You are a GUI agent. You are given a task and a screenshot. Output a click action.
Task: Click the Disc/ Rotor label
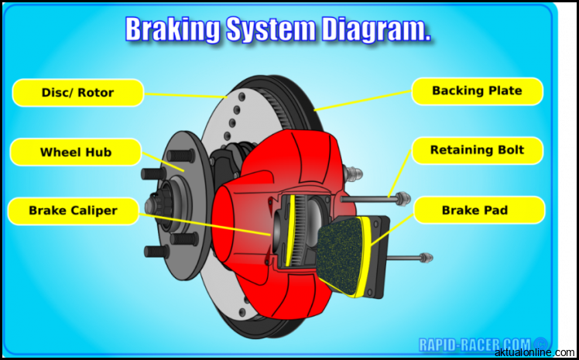[x=77, y=93]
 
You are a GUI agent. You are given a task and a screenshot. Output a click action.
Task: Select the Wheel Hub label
[x=75, y=153]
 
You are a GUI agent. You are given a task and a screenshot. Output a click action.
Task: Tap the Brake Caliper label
[x=73, y=211]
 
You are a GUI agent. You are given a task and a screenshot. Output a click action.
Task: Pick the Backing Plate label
[x=477, y=91]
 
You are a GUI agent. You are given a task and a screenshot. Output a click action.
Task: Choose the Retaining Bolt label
[x=477, y=150]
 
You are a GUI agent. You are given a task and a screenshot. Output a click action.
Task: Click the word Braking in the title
[x=173, y=29]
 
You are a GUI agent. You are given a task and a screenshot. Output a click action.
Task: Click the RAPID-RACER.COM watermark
[x=475, y=344]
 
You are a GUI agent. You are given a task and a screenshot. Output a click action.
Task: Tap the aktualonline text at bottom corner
[x=535, y=352]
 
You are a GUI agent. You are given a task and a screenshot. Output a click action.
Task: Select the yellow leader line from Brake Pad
[x=395, y=228]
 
